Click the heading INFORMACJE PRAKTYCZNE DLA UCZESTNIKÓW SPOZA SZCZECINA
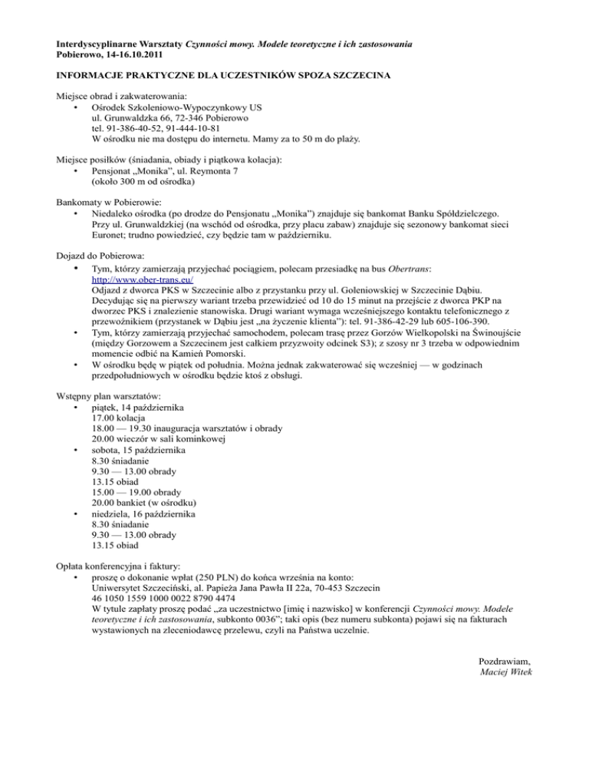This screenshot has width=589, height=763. tap(222, 78)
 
